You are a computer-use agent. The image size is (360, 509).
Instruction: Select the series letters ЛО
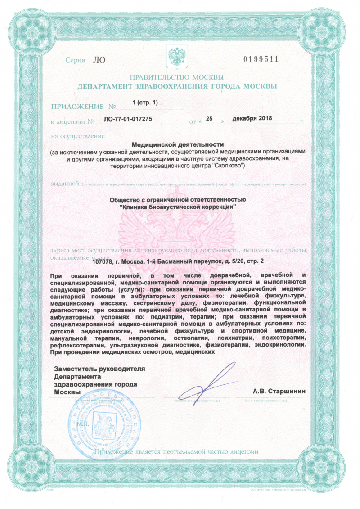click(x=99, y=60)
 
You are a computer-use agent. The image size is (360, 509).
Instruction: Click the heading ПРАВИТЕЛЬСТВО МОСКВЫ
click(x=177, y=77)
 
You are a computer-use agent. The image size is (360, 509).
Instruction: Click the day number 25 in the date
click(x=209, y=119)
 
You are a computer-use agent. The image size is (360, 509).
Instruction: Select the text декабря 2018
click(x=252, y=119)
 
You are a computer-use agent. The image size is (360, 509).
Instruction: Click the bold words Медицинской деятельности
click(x=177, y=144)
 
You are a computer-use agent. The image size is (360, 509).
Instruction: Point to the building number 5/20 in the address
click(x=234, y=261)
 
